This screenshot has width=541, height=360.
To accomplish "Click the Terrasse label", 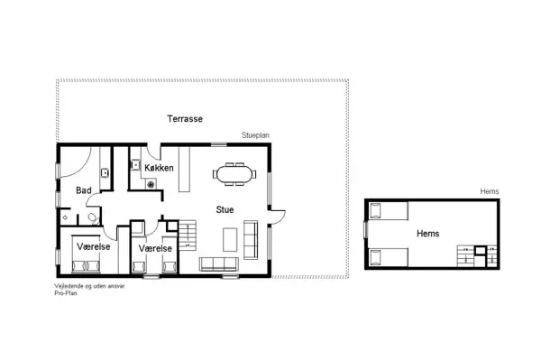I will (185, 119).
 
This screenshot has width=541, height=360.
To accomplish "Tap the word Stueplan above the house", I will (255, 135).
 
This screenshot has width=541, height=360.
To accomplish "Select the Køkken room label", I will (159, 168).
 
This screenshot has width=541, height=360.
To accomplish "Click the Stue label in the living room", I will (225, 210).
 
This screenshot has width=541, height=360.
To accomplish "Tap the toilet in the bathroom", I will (91, 217).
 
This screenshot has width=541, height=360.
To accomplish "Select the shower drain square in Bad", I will (65, 218).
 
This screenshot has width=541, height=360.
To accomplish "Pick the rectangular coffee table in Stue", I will (227, 240).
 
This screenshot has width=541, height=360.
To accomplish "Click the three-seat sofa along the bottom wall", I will (217, 264).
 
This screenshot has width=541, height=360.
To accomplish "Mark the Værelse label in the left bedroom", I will (93, 246).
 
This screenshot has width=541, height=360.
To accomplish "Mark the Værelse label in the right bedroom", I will (155, 248).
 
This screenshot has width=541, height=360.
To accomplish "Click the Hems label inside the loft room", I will (427, 233).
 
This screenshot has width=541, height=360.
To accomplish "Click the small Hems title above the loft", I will (490, 191).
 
